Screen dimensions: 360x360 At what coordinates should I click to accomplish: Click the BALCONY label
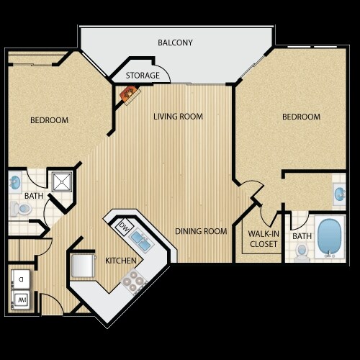[175, 42]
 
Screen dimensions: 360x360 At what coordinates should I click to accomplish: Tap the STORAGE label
[143, 76]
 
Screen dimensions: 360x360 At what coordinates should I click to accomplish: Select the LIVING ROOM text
[178, 117]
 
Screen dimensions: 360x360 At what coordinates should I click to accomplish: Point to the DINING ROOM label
[202, 231]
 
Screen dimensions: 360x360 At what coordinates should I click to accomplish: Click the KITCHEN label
[120, 260]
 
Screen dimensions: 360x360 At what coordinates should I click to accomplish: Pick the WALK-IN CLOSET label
[263, 239]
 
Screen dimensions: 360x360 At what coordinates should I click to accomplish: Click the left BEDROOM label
[49, 120]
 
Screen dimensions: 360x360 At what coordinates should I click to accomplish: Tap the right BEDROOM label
[301, 117]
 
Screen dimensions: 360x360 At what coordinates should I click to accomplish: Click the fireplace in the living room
[129, 94]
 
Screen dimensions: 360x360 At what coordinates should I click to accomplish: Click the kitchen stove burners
[131, 283]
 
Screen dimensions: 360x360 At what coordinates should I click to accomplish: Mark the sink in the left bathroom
[16, 182]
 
